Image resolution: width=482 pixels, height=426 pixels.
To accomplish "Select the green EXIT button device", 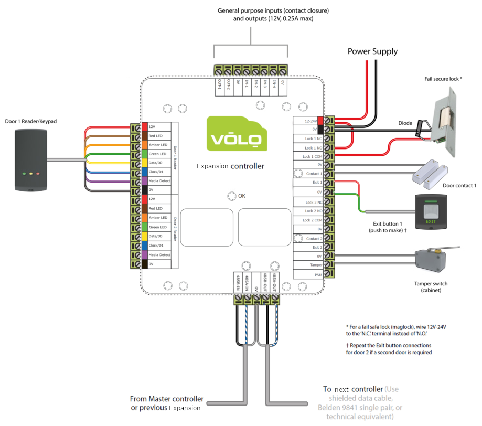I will click(430, 211).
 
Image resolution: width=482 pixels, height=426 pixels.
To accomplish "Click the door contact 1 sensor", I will click(432, 174).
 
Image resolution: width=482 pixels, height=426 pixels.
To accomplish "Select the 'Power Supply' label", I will click(372, 51).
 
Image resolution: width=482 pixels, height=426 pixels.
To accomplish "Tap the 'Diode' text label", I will click(405, 124).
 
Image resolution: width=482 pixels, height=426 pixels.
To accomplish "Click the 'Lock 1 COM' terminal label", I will click(312, 157).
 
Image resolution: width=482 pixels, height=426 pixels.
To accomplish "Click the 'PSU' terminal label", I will click(317, 274).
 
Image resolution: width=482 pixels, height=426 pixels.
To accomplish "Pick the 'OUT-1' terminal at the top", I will click(219, 84).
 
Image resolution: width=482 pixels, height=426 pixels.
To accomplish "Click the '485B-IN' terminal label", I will click(238, 282).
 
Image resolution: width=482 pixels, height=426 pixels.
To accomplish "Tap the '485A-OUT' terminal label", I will click(274, 282).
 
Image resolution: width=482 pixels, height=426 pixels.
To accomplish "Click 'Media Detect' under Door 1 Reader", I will click(159, 181).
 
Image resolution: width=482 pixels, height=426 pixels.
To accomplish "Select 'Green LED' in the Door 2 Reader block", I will click(157, 227).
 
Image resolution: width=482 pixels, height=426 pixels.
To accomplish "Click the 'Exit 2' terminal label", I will click(317, 247).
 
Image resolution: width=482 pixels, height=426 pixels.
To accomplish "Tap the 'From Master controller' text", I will click(167, 399).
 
